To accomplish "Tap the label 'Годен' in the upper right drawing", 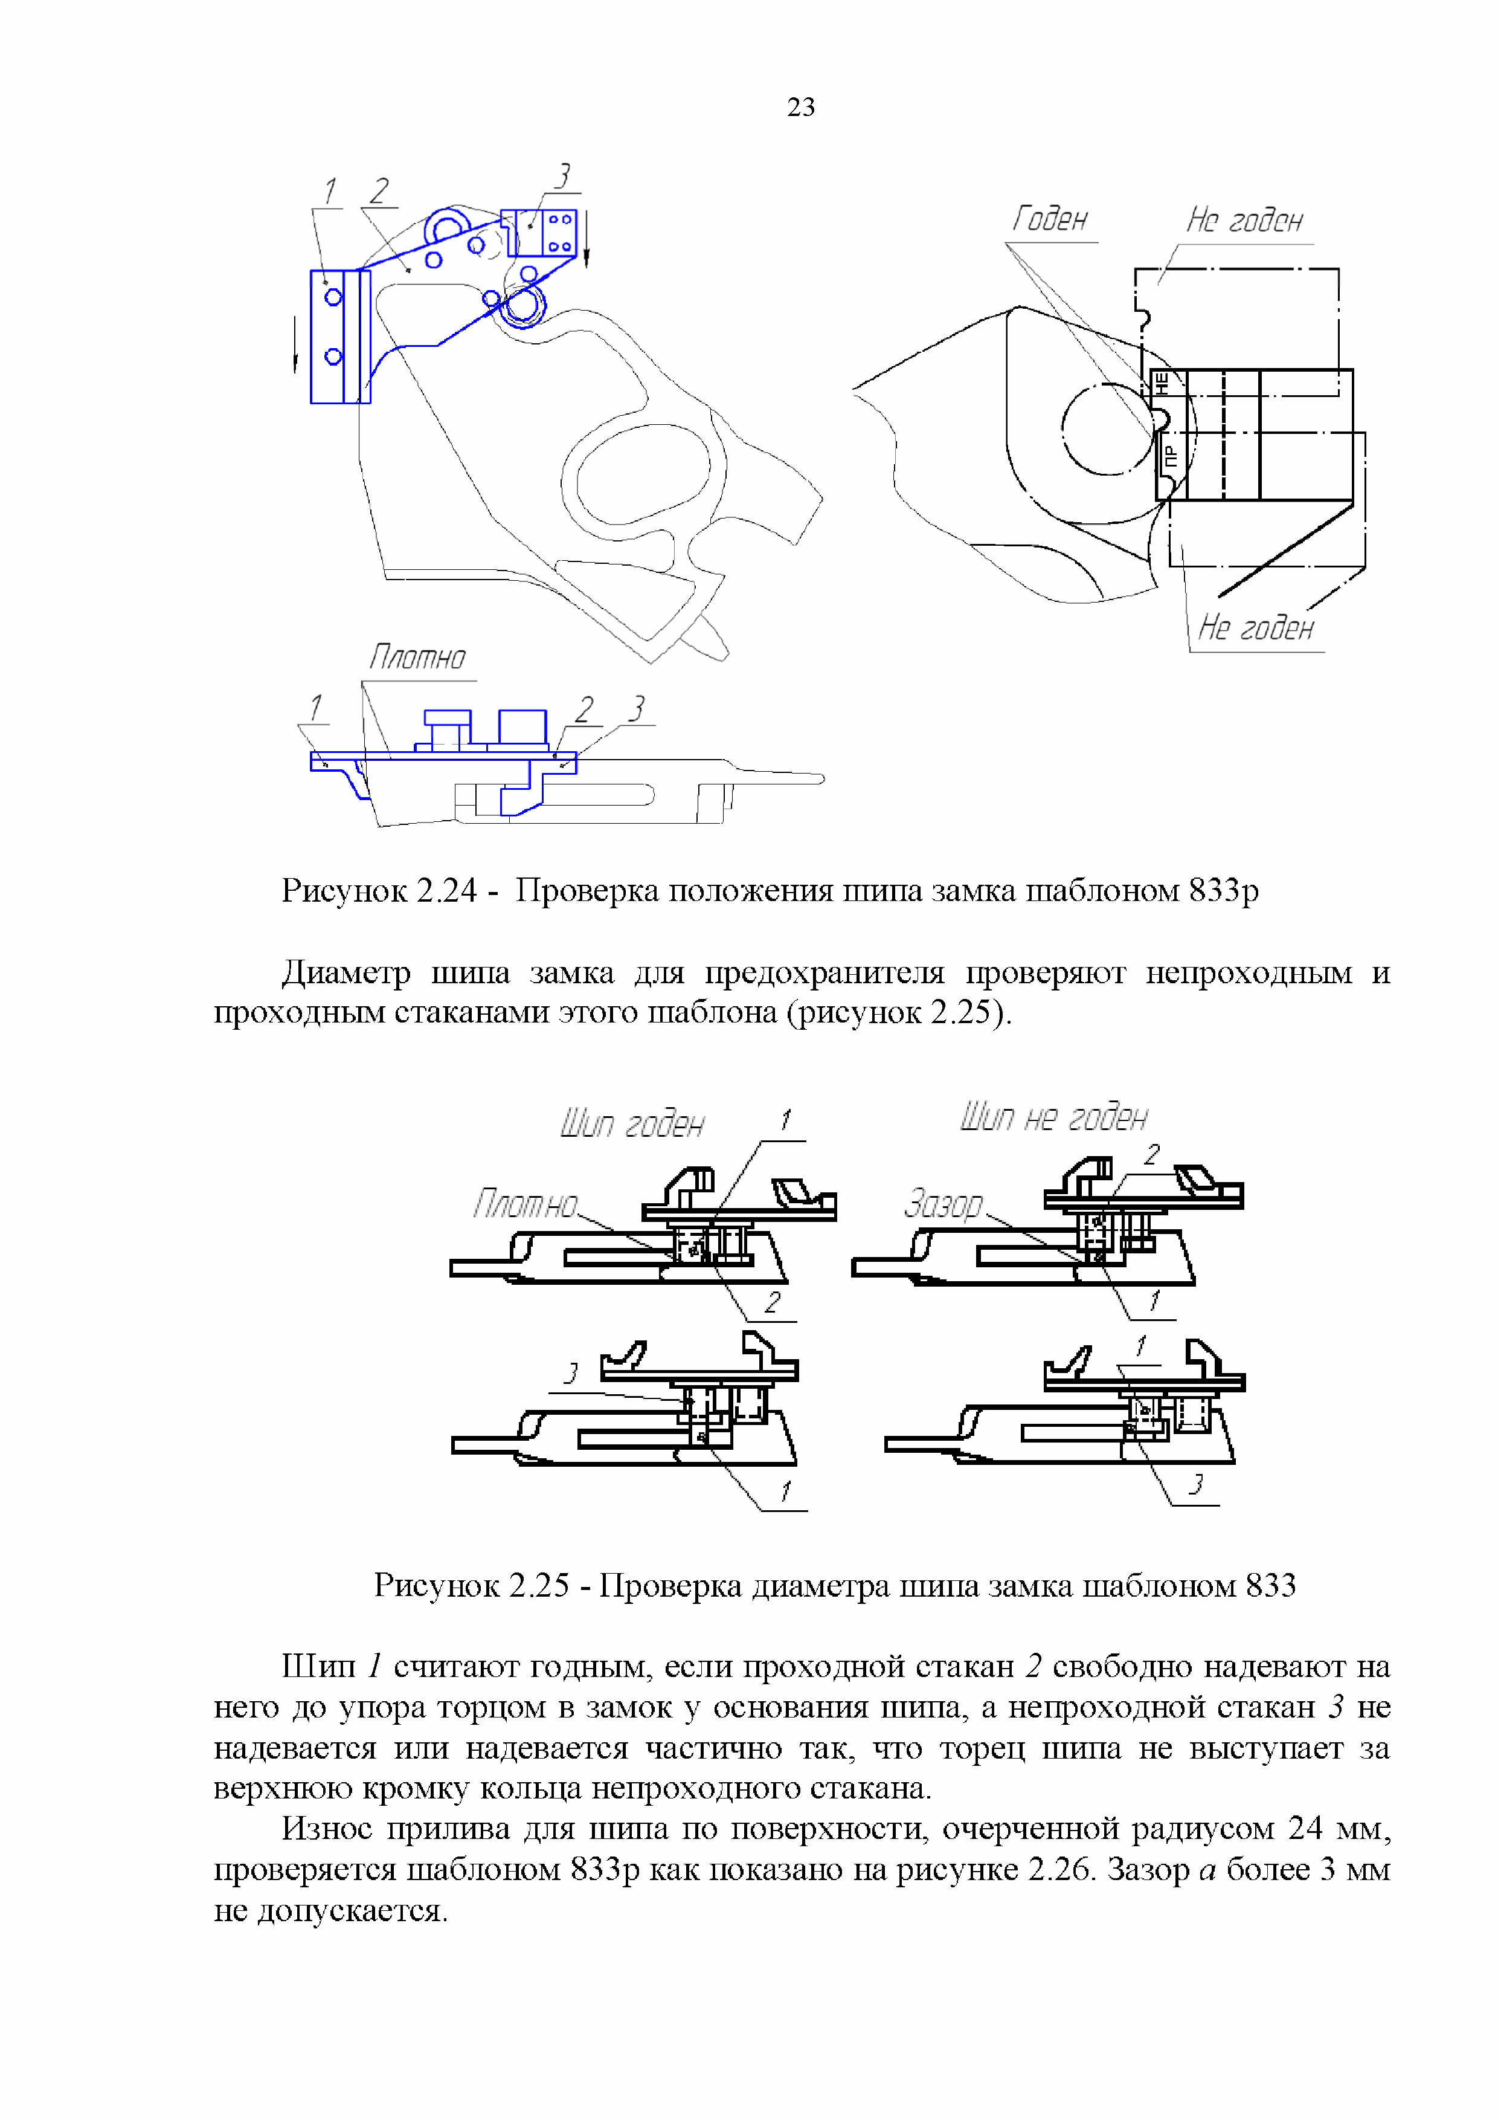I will tap(1049, 220).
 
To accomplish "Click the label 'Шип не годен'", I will tap(1053, 1117).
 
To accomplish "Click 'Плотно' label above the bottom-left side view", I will tap(417, 658).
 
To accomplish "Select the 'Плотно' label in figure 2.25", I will tap(524, 1204).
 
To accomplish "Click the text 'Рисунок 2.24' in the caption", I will tap(378, 890).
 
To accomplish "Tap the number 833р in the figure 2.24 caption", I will tap(1223, 890).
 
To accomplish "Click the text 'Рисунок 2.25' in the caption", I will tap(471, 1585).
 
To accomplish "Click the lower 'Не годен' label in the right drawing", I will tap(1255, 628).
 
